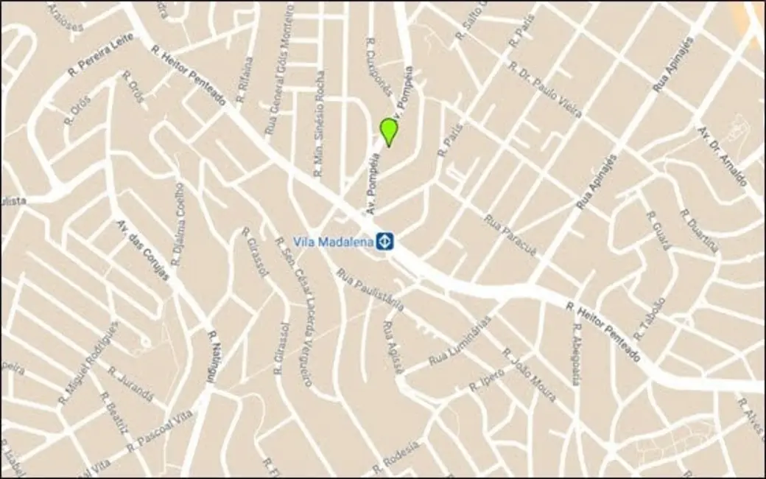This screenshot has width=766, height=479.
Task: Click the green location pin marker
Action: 389,131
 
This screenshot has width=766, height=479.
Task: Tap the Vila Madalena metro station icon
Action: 384,241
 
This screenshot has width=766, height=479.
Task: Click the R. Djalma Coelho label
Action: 178,224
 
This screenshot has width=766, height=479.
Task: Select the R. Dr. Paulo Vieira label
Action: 546,89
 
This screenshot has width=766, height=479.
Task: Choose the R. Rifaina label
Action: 245,80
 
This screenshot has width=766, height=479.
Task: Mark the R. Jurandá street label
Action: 130,383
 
